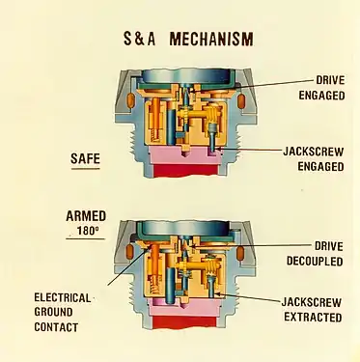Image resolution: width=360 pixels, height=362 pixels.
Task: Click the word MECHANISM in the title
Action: pyautogui.click(x=212, y=40)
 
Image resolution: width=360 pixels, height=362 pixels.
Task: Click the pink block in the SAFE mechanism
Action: pyautogui.click(x=183, y=154)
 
